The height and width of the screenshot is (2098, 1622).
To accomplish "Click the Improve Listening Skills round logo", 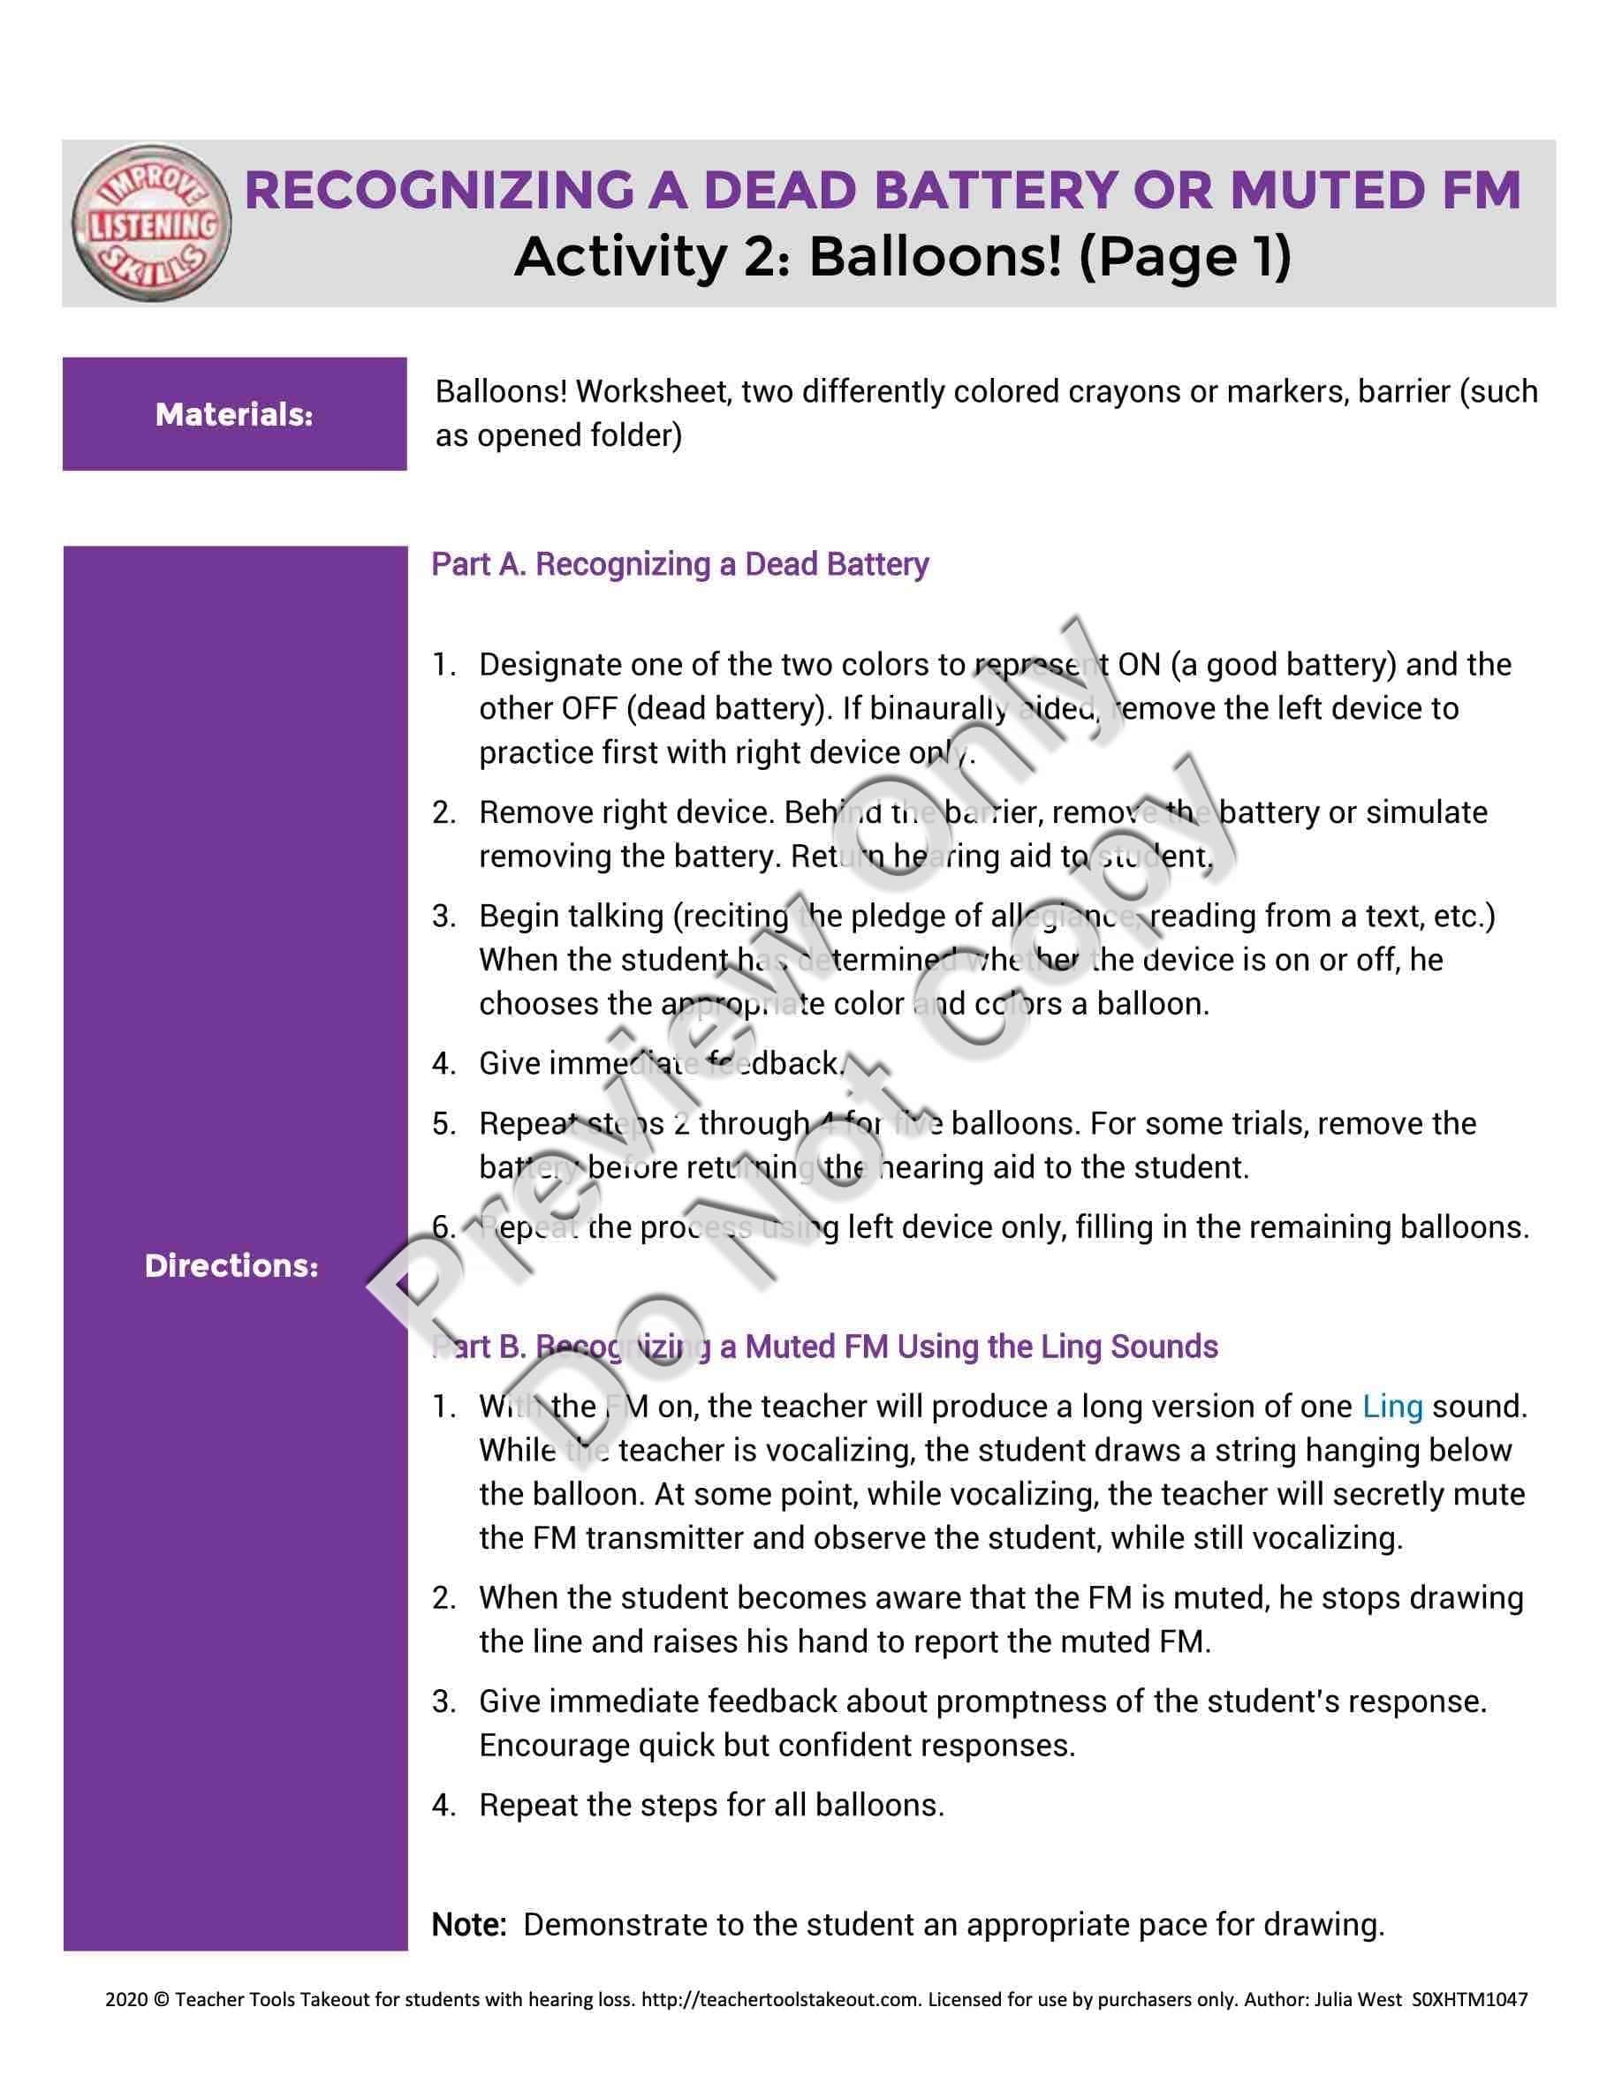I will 152,222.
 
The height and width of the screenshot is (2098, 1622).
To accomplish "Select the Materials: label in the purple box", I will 234,414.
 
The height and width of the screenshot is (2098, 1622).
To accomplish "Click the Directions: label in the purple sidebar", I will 231,1265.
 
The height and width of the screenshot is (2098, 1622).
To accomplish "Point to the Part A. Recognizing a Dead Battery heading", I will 679,564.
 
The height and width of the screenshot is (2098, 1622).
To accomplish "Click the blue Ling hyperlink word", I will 1391,1407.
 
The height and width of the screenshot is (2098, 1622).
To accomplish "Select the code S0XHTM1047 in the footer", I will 1470,2000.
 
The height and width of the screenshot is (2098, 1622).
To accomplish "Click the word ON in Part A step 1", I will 1139,665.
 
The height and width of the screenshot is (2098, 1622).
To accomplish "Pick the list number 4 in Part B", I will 443,1805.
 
